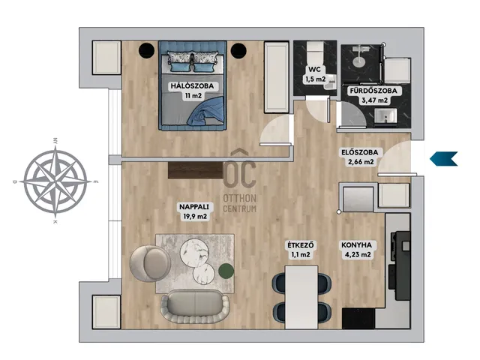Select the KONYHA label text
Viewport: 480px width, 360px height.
[x=356, y=245]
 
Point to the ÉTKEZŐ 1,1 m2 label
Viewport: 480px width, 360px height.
[x=301, y=250]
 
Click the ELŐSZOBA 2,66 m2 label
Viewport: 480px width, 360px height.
[x=360, y=157]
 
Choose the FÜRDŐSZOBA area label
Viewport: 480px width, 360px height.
[x=373, y=95]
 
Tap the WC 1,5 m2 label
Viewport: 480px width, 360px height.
[x=315, y=74]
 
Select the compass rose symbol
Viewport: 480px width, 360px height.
[x=55, y=181]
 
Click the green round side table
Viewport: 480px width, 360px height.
[x=226, y=271]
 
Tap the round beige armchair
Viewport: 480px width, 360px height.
[x=150, y=263]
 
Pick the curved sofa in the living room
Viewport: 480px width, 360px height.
[x=194, y=307]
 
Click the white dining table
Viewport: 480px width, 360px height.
[x=301, y=297]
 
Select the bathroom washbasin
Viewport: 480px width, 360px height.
[x=385, y=118]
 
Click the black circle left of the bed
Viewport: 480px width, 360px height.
[x=146, y=50]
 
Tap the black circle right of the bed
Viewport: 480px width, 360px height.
[x=238, y=50]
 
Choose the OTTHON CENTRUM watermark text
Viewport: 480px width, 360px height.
[x=240, y=203]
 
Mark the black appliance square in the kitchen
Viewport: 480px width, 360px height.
[x=358, y=318]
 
